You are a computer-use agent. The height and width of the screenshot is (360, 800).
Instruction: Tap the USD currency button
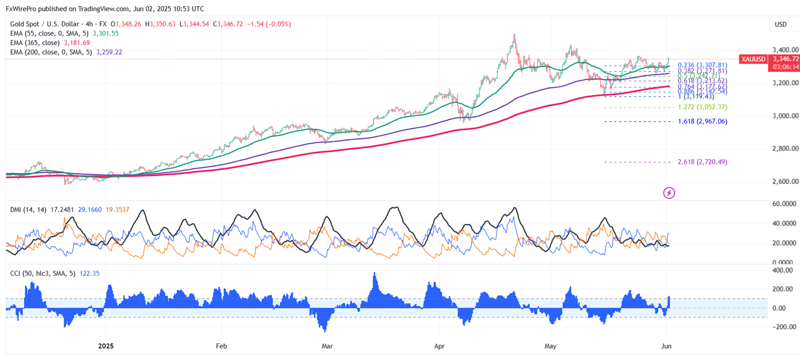(780, 25)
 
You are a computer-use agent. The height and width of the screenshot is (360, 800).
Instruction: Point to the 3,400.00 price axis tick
(784, 50)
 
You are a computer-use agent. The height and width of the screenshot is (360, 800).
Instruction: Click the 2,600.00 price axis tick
(784, 181)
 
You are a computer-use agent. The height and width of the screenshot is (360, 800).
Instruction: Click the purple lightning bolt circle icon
(669, 193)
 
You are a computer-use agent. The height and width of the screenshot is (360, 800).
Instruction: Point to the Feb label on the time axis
(222, 346)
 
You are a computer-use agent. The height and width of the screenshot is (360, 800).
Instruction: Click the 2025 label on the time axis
(106, 346)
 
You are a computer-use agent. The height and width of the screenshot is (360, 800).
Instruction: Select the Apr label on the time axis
(441, 346)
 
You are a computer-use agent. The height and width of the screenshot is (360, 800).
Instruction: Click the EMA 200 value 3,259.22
(109, 52)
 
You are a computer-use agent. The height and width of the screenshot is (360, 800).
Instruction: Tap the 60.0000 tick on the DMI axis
(783, 204)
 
